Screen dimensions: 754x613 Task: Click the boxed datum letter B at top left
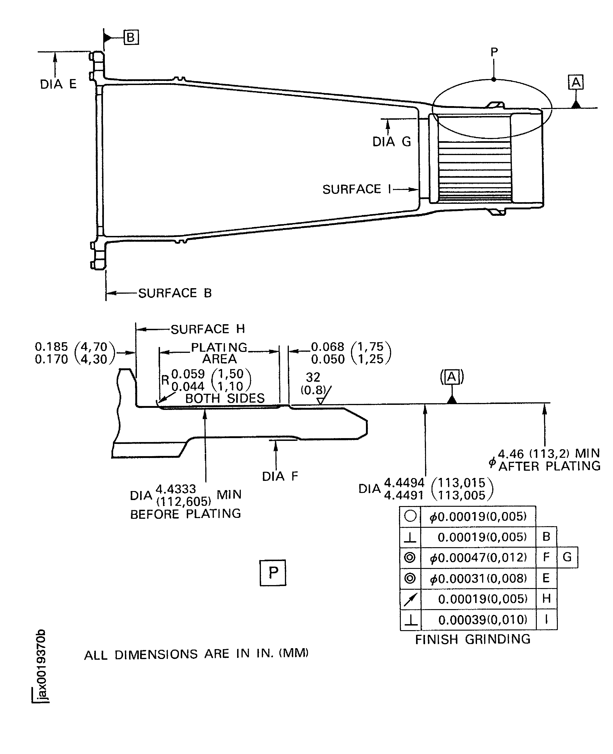coord(131,37)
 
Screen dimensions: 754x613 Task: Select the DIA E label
coord(58,84)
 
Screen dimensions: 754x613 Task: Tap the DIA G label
coord(392,142)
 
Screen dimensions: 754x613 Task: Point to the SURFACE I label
coord(357,189)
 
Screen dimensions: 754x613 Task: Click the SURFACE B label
coord(175,293)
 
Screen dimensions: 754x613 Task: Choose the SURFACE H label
coord(208,329)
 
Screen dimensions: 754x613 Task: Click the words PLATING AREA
coord(219,353)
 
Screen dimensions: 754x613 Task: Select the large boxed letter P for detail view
coord(273,573)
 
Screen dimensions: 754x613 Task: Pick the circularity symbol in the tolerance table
coord(410,516)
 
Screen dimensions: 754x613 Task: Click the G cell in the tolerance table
coord(567,557)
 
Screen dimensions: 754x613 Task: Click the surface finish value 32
coord(313,377)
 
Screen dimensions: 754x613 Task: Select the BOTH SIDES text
coord(225,399)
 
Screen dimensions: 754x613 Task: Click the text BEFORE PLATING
coord(185,514)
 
